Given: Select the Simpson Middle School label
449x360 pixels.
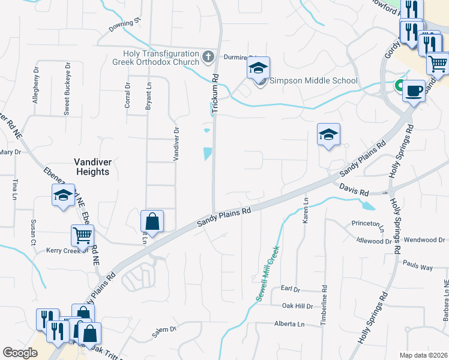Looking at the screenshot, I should [x=313, y=80].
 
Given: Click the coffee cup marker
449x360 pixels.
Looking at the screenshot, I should [x=414, y=91].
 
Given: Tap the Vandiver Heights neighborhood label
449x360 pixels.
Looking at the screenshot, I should [x=92, y=166].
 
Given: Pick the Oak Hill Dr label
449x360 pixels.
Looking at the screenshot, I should [x=298, y=306].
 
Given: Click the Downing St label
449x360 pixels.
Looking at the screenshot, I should [x=124, y=25].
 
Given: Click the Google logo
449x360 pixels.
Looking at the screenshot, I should [x=20, y=353].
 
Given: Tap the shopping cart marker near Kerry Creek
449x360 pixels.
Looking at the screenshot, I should [x=82, y=236].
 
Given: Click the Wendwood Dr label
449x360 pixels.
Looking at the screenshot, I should [x=424, y=240].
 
